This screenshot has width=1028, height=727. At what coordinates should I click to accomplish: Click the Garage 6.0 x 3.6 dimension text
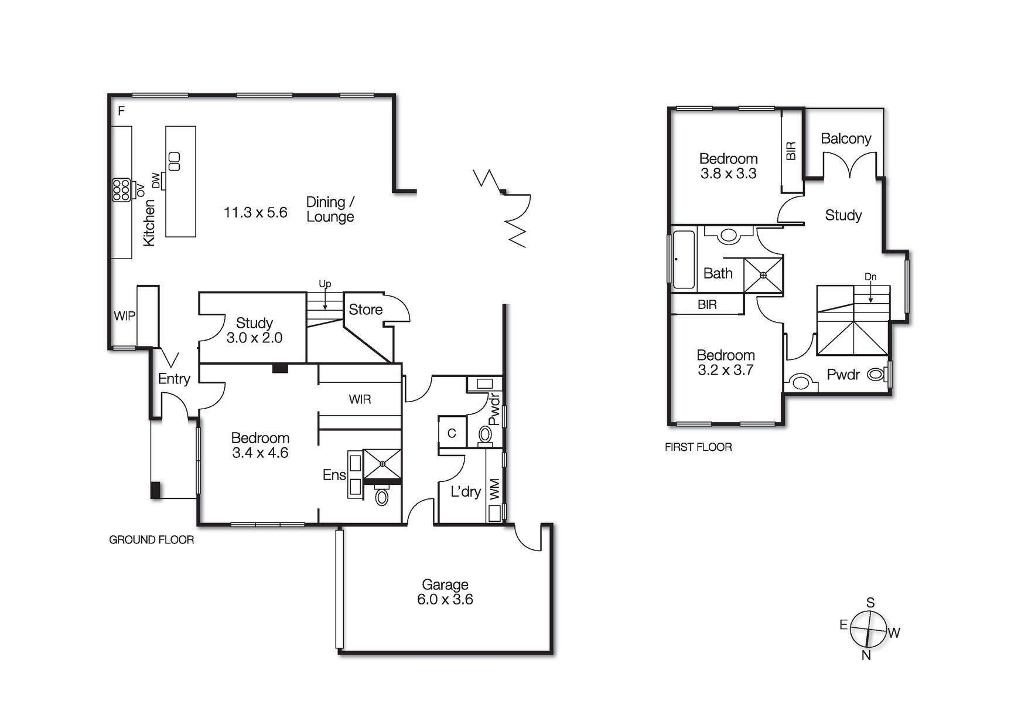click(445, 600)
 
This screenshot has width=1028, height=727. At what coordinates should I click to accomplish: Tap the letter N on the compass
click(866, 655)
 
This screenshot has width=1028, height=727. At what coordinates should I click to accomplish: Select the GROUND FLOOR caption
click(151, 539)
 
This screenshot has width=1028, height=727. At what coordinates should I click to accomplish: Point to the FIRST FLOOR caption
click(698, 447)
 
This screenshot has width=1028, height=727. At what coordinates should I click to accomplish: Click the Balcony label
click(845, 138)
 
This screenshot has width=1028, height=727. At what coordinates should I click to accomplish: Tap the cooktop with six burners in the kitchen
click(121, 190)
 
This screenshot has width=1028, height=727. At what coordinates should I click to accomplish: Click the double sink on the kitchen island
click(175, 161)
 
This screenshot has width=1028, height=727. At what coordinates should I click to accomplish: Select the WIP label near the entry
click(124, 316)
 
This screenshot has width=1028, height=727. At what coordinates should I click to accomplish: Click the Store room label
click(365, 310)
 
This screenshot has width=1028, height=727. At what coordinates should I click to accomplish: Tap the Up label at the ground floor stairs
click(325, 284)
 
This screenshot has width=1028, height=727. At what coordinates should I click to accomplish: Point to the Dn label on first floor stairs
click(870, 277)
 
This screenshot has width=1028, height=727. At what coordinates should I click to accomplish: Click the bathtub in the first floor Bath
click(683, 259)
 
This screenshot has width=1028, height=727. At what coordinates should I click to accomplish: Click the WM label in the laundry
click(494, 489)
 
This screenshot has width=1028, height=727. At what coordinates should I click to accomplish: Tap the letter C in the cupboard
click(452, 433)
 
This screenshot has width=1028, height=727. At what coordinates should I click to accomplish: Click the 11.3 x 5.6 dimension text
click(255, 212)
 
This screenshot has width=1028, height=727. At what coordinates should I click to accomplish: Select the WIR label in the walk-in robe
click(359, 399)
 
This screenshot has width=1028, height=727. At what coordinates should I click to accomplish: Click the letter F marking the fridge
click(121, 111)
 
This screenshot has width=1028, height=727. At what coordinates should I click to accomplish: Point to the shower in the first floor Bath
click(763, 275)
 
